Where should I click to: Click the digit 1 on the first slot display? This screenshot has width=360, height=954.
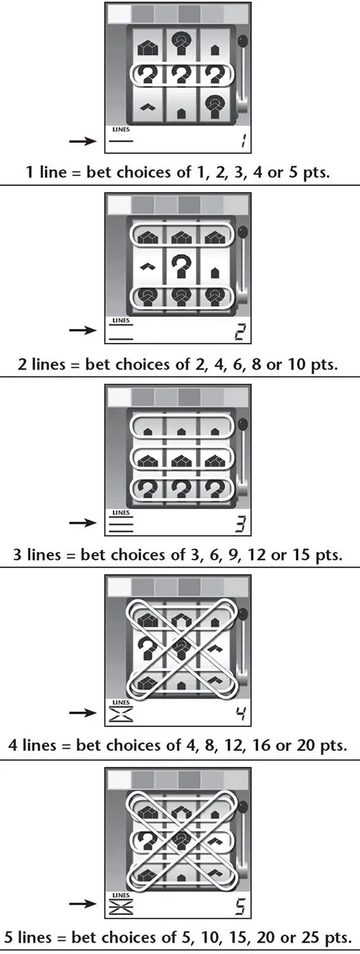coord(243,140)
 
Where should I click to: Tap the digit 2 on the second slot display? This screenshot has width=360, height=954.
coord(240,331)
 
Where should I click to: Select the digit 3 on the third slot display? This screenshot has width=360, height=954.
coord(241,523)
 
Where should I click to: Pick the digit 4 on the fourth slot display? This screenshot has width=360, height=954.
coord(241,713)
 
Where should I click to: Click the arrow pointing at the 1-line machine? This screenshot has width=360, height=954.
coord(84,140)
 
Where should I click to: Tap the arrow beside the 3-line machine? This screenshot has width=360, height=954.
coord(84,523)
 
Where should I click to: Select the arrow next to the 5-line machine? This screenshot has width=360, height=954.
coord(84,904)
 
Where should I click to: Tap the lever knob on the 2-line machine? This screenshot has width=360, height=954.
coord(243,233)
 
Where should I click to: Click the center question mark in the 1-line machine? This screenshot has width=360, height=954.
coord(181,75)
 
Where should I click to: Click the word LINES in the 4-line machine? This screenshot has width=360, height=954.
coord(121,702)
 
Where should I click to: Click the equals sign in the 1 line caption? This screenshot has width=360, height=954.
coord(77,173)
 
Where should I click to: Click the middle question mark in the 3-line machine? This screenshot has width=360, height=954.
coord(181,488)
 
